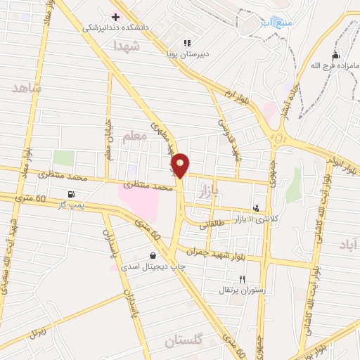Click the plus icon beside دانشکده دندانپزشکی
[116, 16]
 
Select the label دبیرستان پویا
[184, 53]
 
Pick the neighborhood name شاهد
[27, 89]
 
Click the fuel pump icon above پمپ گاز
[70, 195]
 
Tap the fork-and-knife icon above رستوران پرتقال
[242, 279]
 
